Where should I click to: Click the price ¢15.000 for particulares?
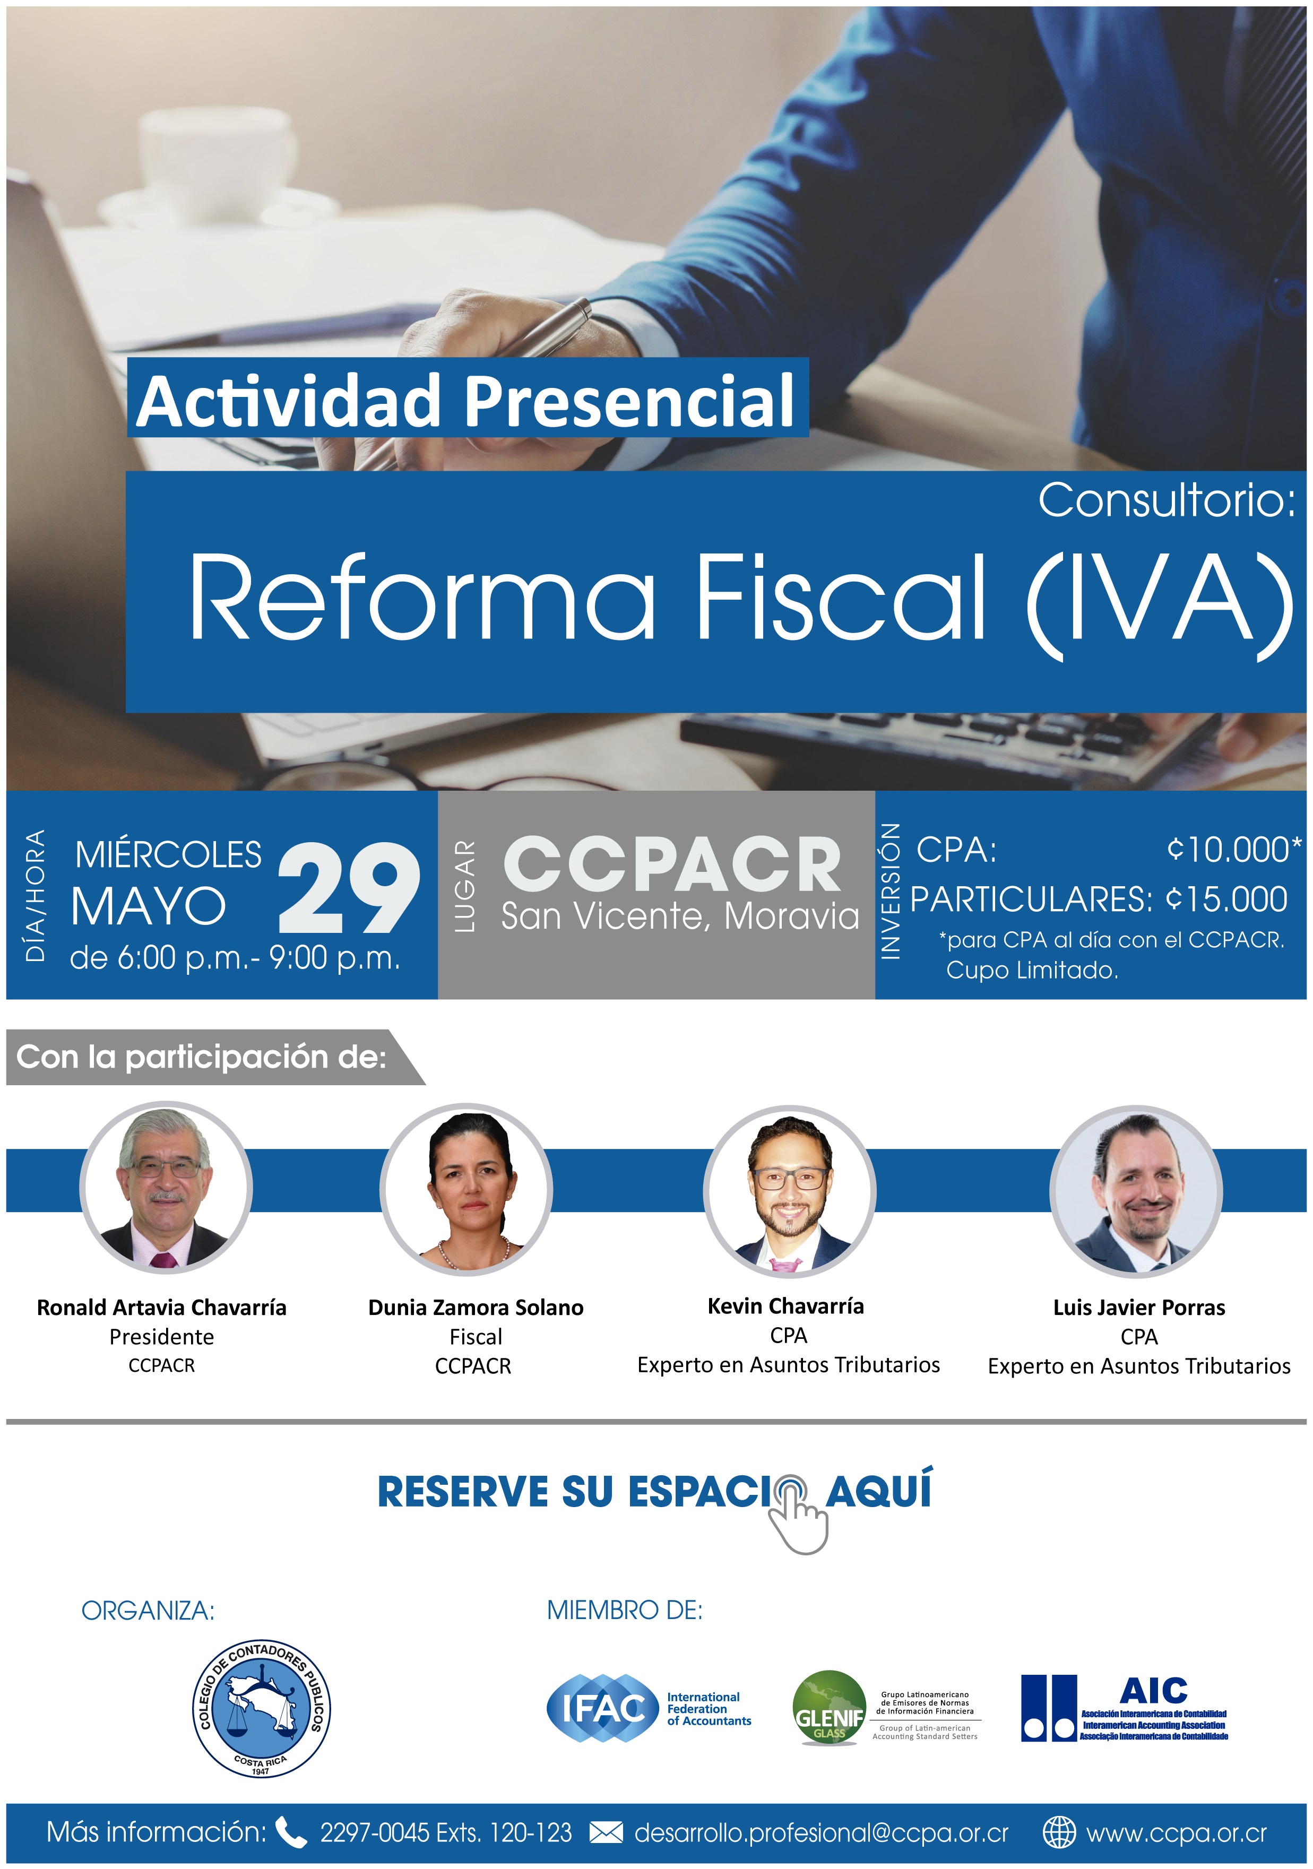click(1226, 899)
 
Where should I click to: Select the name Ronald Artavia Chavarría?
click(162, 1308)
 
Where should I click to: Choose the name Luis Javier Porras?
click(1139, 1308)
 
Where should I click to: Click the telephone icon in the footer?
click(291, 1832)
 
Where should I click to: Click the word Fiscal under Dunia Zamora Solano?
click(476, 1337)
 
